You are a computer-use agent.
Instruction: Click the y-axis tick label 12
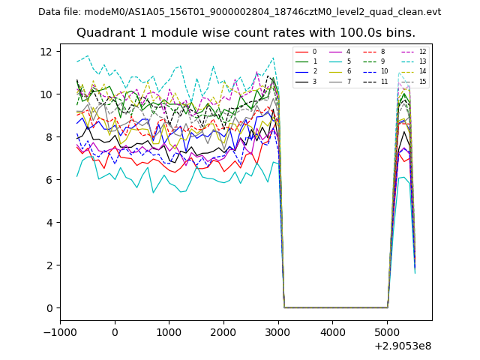click(46, 52)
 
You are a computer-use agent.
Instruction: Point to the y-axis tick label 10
click(46, 94)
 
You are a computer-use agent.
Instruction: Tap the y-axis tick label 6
click(49, 180)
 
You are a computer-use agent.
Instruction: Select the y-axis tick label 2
click(49, 265)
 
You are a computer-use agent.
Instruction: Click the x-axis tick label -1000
click(60, 332)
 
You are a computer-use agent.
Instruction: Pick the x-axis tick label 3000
click(278, 332)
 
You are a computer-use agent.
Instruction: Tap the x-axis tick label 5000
click(387, 332)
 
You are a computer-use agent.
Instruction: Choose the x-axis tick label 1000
click(169, 332)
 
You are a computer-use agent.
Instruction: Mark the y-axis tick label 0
click(49, 308)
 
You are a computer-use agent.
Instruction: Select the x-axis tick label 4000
click(332, 332)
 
